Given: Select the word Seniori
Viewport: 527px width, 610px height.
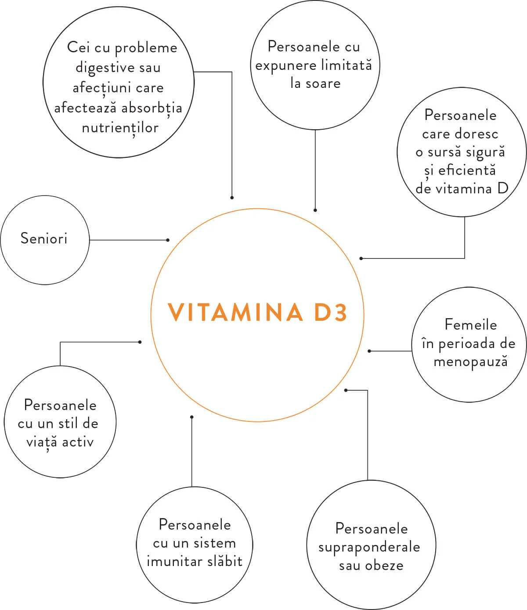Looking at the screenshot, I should pyautogui.click(x=44, y=238).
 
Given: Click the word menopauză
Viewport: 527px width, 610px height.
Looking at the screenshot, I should pyautogui.click(x=470, y=362).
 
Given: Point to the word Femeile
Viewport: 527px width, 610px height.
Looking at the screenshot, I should pyautogui.click(x=470, y=325).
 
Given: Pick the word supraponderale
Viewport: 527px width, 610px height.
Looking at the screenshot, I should pyautogui.click(x=369, y=548).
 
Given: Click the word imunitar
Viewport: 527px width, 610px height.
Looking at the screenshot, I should pyautogui.click(x=172, y=561).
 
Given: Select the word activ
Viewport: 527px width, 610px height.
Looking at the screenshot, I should pyautogui.click(x=78, y=442).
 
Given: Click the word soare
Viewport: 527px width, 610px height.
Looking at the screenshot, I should pyautogui.click(x=323, y=84).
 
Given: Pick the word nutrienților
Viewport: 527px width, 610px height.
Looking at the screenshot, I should pyautogui.click(x=120, y=128).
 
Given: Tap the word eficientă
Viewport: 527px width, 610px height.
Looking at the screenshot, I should pyautogui.click(x=467, y=170).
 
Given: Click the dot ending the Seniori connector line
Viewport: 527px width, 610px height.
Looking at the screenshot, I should pyautogui.click(x=168, y=240).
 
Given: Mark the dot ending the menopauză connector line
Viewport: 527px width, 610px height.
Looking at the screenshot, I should pyautogui.click(x=369, y=351).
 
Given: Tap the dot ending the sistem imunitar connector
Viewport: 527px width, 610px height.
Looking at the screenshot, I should pyautogui.click(x=192, y=417).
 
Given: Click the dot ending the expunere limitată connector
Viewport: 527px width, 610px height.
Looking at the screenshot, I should pyautogui.click(x=315, y=211).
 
